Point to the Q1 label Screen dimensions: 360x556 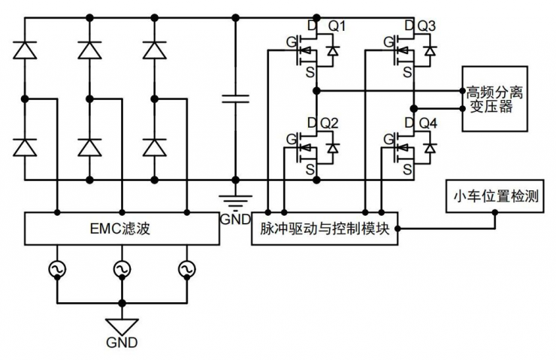[337, 27]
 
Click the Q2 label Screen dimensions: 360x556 [330, 123]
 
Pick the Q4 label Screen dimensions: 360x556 [428, 123]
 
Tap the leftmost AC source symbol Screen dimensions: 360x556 [56, 268]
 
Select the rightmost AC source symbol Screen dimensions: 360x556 [186, 268]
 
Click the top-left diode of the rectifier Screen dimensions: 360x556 [24, 50]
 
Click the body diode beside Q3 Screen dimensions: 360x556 [429, 50]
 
